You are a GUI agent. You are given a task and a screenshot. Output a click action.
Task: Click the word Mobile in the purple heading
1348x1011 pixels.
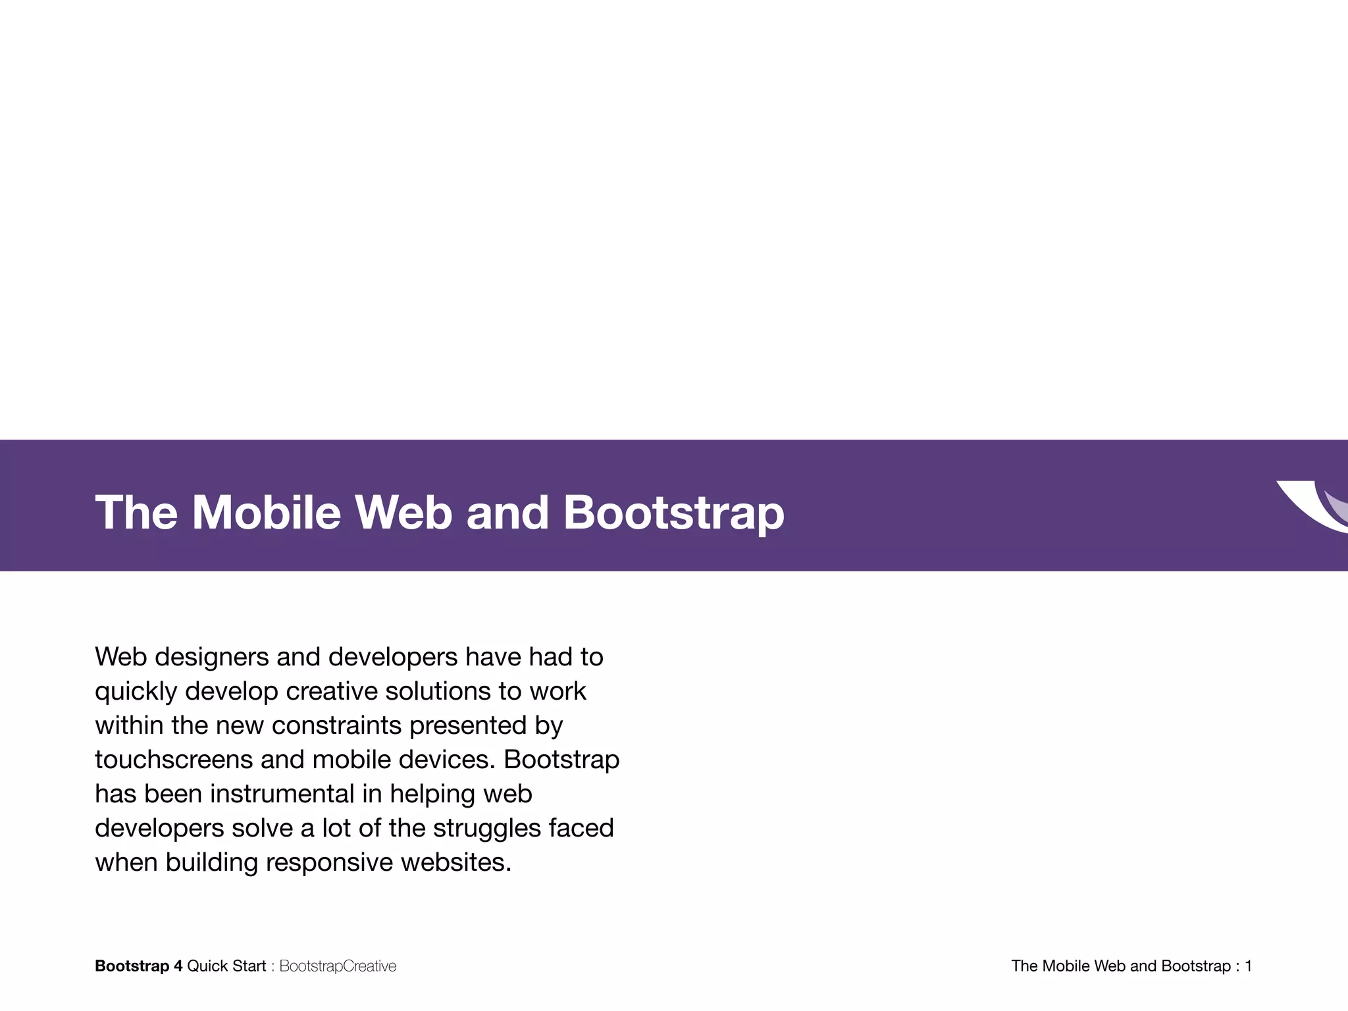pos(266,512)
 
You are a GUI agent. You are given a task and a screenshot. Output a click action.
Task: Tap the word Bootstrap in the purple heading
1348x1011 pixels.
pos(673,512)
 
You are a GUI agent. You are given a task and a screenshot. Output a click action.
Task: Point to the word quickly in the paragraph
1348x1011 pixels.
pos(136,691)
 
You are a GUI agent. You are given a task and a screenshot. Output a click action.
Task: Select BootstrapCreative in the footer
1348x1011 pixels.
pos(338,966)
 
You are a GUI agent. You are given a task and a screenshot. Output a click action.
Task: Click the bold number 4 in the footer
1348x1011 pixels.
pos(178,966)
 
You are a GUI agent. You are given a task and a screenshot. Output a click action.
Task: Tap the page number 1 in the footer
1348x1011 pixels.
pos(1248,966)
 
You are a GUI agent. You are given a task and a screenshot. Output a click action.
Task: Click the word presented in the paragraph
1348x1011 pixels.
pos(468,725)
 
